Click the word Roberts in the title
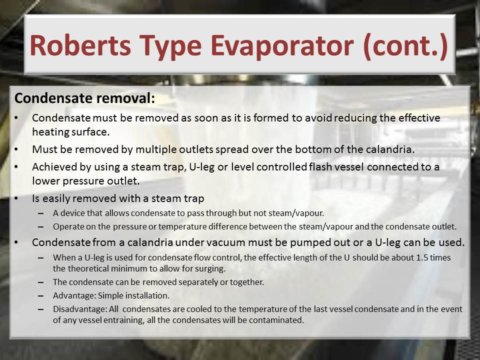point(80,45)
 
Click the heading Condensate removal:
point(85,98)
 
